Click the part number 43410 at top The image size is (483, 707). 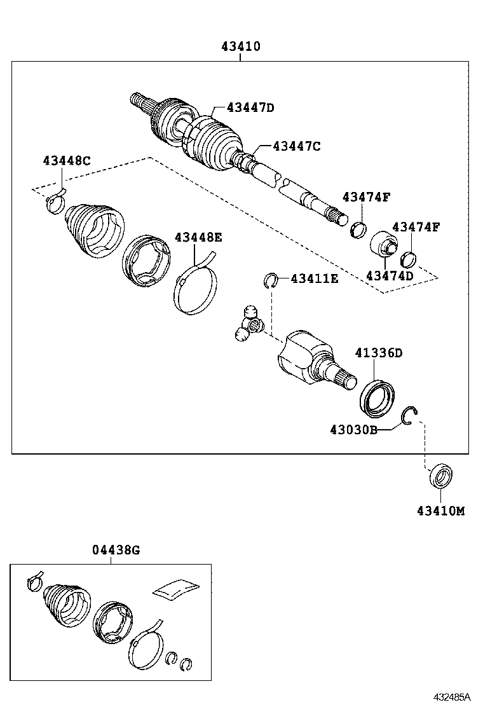[x=241, y=46]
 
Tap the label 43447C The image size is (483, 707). [x=296, y=146]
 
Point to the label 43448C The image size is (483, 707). [x=67, y=161]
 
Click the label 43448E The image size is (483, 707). [x=198, y=237]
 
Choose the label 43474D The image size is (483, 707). [x=390, y=275]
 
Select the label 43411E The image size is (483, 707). [x=315, y=278]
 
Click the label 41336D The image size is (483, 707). [x=379, y=353]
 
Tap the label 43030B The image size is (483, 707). [x=353, y=430]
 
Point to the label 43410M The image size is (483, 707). [x=440, y=511]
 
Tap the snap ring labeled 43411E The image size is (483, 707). [x=271, y=279]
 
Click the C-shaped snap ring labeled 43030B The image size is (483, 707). [x=410, y=416]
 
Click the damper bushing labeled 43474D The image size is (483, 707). [x=383, y=244]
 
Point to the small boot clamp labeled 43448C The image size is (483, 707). [x=56, y=202]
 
